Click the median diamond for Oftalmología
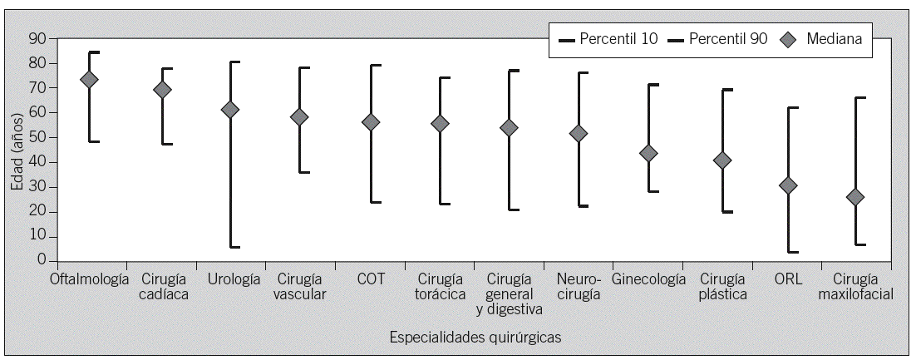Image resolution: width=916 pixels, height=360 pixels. pos(88,80)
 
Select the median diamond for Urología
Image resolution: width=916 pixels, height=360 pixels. pos(229,110)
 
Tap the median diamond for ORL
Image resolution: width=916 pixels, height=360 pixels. pos(788,186)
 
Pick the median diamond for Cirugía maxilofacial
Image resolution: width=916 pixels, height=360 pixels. pos(854,197)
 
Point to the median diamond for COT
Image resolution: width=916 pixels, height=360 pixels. pos(371,122)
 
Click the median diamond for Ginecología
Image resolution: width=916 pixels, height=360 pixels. pos(648,153)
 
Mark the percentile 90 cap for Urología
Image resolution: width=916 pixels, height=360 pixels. pos(234,62)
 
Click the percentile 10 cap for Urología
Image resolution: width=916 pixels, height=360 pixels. pos(234,247)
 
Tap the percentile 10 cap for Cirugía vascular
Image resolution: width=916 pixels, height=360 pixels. pos(304,172)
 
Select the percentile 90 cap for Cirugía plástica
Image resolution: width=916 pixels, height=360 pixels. pos(726,90)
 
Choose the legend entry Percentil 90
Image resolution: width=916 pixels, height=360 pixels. pos(717,38)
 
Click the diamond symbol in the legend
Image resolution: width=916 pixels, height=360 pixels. pos(790,38)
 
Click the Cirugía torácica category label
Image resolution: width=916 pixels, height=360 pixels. pos(441,286)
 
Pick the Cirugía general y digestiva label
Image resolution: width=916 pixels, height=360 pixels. pos(509,293)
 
